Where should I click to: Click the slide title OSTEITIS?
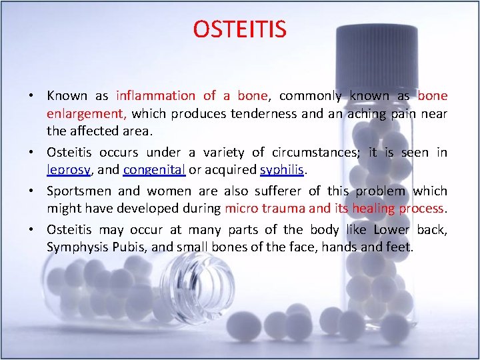pyautogui.click(x=239, y=29)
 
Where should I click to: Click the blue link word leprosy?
pyautogui.click(x=69, y=170)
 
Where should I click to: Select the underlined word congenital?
pyautogui.click(x=154, y=170)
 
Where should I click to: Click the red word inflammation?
pyautogui.click(x=156, y=96)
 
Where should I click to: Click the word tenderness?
pyautogui.click(x=264, y=113)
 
